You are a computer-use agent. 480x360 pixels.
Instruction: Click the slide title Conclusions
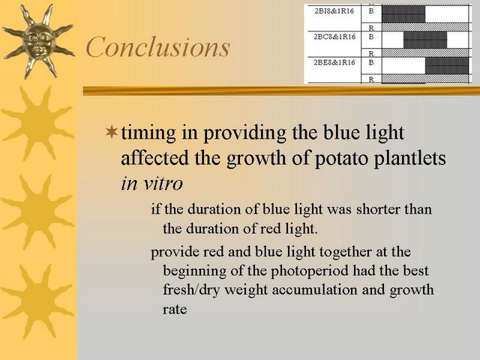tap(157, 46)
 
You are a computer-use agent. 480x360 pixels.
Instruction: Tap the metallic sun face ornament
tap(38, 41)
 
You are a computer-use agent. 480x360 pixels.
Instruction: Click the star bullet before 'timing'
tap(112, 132)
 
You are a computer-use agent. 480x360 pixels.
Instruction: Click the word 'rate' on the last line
tap(175, 309)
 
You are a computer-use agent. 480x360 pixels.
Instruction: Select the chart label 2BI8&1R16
tap(334, 11)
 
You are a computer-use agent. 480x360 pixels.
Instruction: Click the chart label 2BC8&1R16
tap(334, 37)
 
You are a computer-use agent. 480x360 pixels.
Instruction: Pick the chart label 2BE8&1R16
tap(334, 63)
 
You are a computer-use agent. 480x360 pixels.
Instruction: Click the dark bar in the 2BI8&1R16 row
tap(403, 14)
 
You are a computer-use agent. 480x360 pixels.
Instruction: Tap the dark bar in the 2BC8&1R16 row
tap(425, 40)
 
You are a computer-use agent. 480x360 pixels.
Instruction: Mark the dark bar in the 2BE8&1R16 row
tap(447, 65)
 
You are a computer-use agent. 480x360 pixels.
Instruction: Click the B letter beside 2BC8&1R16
tap(371, 37)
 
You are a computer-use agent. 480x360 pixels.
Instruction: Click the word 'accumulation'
tap(314, 289)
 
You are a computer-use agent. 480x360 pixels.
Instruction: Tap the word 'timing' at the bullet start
tap(148, 133)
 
